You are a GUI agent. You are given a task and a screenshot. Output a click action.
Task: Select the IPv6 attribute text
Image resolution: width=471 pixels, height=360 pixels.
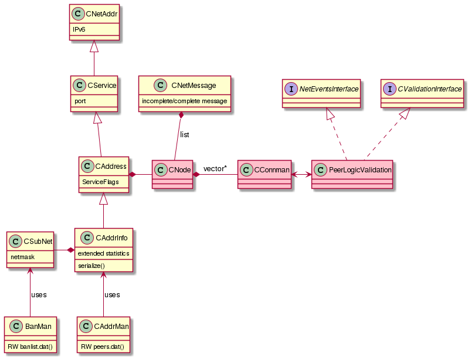79,28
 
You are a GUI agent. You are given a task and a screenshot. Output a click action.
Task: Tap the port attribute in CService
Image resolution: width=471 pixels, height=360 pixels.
80,101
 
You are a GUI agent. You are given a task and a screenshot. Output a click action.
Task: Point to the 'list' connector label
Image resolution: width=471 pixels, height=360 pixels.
185,135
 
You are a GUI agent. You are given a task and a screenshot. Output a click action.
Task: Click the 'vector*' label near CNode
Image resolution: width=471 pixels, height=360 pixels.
215,169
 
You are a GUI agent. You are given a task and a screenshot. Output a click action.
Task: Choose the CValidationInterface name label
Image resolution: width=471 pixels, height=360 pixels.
430,89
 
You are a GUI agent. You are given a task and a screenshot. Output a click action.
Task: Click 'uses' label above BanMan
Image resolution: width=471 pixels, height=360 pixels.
39,294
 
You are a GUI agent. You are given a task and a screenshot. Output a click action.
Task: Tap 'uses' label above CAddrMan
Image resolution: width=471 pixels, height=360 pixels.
112,294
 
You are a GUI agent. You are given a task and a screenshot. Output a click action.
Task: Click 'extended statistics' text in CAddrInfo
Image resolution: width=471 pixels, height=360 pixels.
104,253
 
